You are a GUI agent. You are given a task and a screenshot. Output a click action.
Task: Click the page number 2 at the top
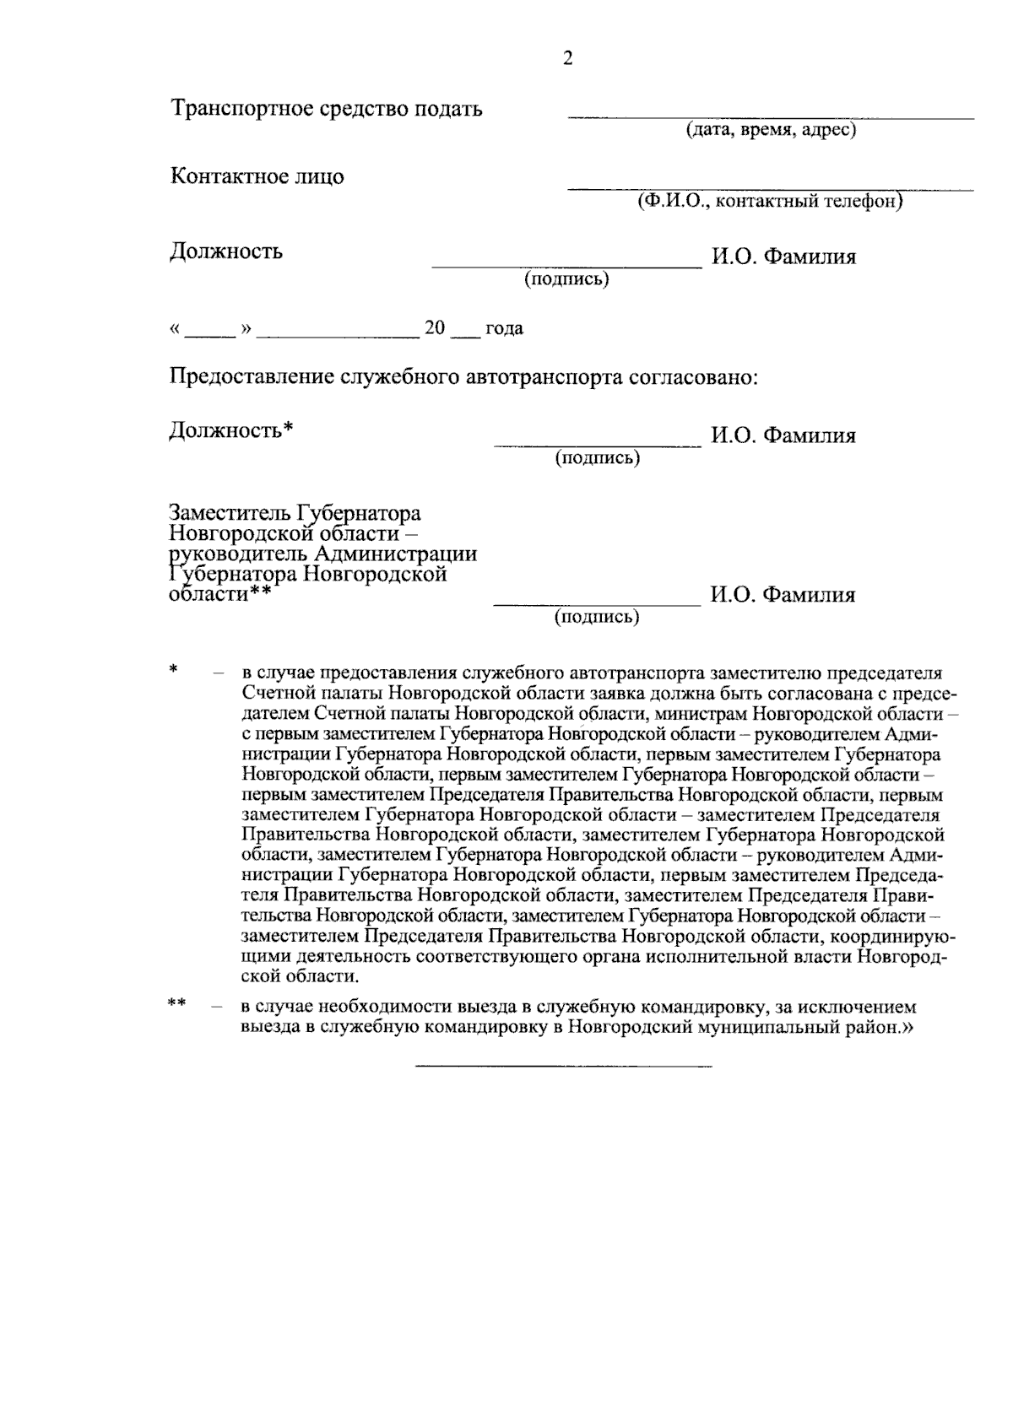point(567,59)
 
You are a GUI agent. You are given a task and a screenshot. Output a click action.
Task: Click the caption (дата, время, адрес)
point(770,131)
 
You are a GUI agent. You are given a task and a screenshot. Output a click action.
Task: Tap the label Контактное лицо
point(257,177)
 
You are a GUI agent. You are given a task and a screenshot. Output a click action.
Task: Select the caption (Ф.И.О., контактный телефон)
point(770,202)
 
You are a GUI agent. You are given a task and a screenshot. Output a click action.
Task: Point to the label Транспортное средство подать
point(327,109)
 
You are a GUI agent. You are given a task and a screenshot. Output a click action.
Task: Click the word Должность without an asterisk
point(226,251)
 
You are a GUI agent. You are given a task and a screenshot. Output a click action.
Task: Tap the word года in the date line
point(504,328)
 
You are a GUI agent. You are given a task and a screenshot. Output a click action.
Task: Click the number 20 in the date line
point(435,328)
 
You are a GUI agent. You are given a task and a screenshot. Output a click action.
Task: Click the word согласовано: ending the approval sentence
point(694,376)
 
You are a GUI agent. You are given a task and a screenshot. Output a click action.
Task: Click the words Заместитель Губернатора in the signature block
point(295,514)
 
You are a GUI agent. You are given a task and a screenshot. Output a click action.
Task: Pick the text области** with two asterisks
point(220,595)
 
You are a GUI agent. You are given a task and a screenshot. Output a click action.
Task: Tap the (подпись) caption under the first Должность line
point(566,279)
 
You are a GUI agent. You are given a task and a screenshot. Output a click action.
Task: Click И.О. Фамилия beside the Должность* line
point(783,436)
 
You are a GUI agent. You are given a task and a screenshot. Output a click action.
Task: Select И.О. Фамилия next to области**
point(783,596)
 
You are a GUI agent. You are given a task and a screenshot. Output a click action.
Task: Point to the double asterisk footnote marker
point(176,1004)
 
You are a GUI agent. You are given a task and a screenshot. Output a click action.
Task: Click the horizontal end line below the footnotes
point(564,1067)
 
